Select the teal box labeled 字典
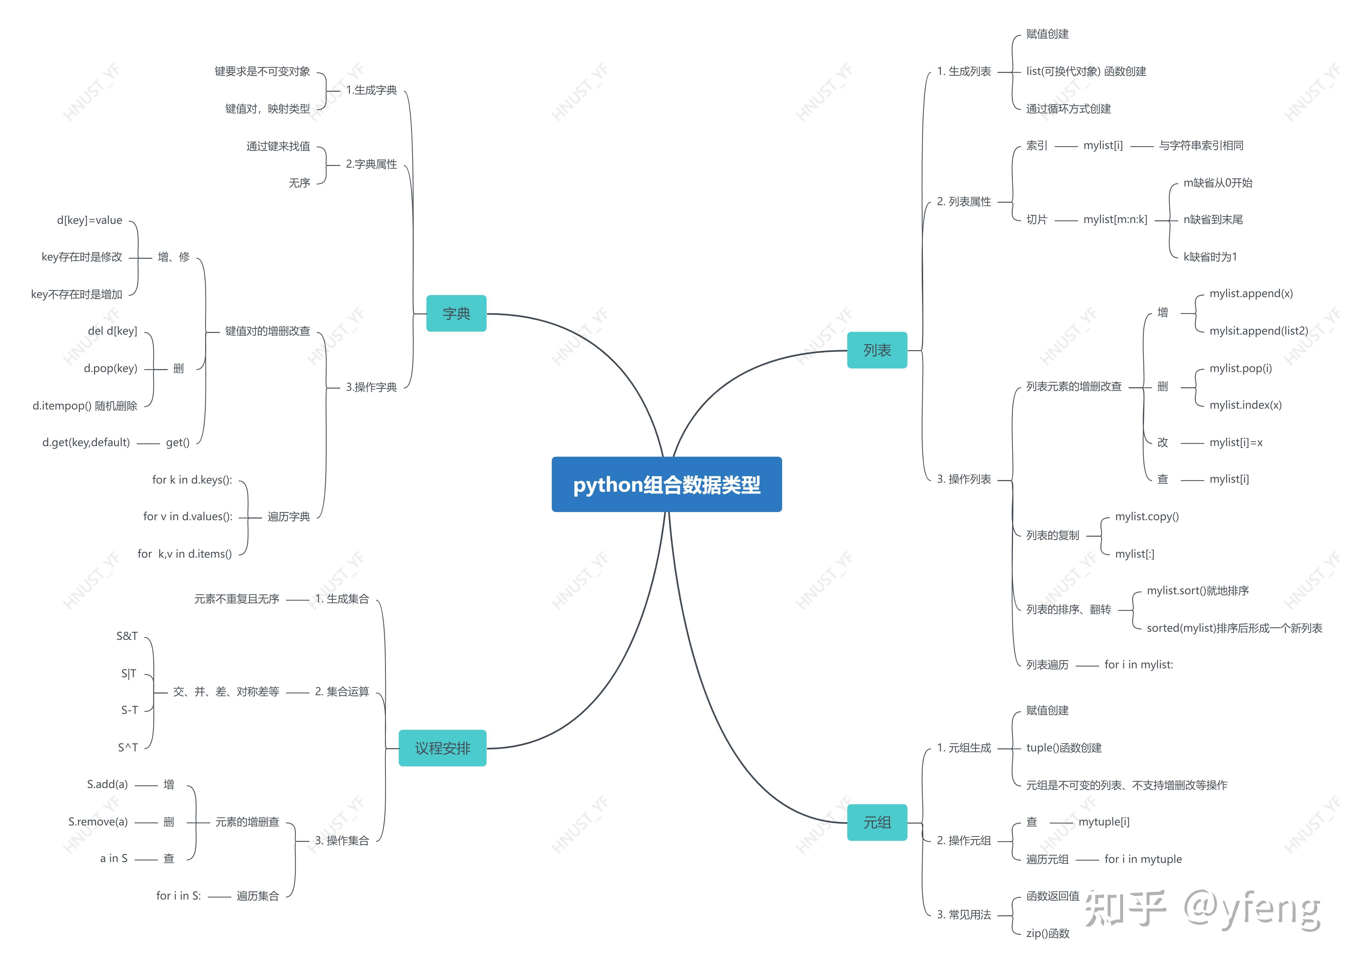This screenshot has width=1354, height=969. [456, 313]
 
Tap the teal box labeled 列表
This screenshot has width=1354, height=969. [877, 350]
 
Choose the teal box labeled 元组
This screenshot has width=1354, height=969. [877, 822]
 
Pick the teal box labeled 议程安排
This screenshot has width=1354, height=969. [443, 748]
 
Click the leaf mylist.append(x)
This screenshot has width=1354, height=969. [1251, 294]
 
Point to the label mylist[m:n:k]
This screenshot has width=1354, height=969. [1115, 220]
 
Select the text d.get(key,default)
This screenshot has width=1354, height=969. [86, 442]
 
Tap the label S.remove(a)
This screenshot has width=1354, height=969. [98, 822]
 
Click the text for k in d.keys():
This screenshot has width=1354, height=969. [192, 480]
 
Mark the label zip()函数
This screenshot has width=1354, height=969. [1047, 933]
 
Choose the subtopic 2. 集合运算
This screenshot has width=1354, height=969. [342, 692]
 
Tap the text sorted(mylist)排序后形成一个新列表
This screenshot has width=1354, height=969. [1234, 628]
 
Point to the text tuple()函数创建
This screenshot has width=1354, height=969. [1063, 748]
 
